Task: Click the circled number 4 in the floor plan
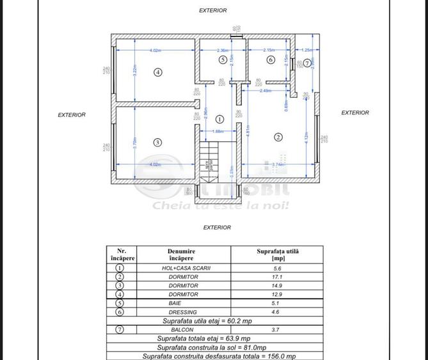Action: coord(158,72)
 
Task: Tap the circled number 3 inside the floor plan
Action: coord(157,143)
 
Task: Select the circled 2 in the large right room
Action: coord(278,137)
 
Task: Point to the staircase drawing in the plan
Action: coord(209,162)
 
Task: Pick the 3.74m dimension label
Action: coord(278,165)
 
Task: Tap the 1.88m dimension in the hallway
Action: coord(218,131)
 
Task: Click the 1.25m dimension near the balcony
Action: coord(306,50)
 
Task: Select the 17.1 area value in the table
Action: coord(277,277)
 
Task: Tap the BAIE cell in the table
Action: coord(175,303)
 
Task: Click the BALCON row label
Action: coord(182,330)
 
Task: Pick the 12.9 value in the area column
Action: coord(277,294)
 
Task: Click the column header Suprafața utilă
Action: coord(277,254)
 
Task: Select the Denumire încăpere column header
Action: coord(181,254)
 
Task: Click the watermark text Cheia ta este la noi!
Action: coord(220,205)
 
